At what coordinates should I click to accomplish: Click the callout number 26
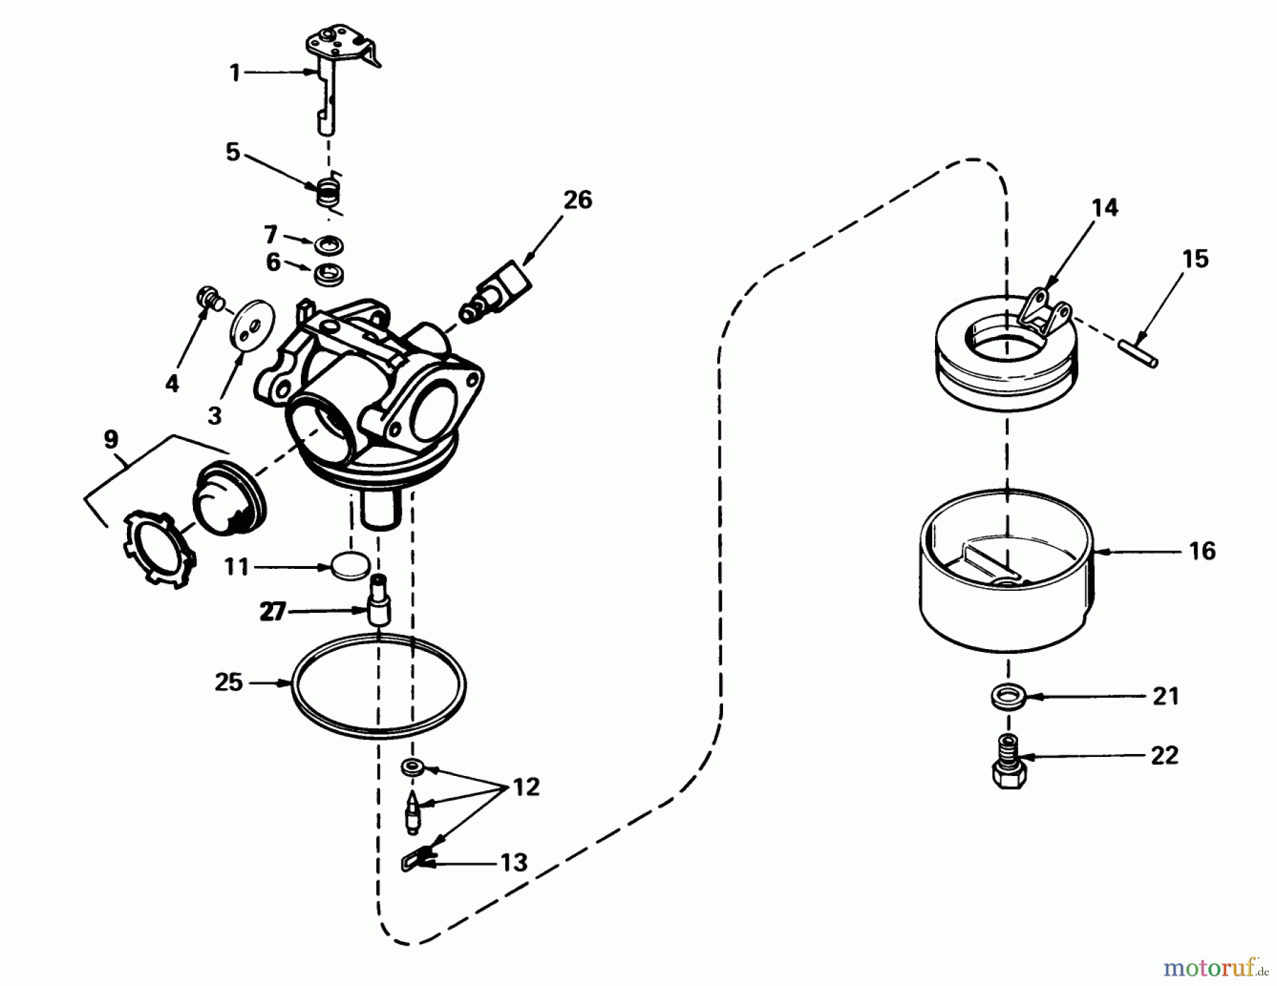click(577, 200)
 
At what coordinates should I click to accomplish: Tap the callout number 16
click(1202, 550)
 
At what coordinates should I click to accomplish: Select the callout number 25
click(228, 683)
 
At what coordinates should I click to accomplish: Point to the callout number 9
click(111, 440)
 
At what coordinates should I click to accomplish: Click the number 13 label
click(514, 863)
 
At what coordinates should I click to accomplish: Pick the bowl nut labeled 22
click(1010, 769)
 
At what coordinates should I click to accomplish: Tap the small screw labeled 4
click(208, 297)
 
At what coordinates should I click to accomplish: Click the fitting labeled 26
click(497, 292)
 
